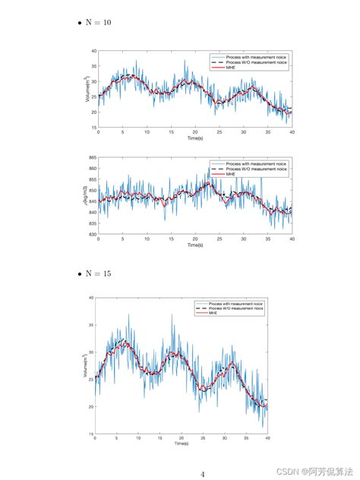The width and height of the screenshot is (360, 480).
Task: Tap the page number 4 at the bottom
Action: [x=203, y=474]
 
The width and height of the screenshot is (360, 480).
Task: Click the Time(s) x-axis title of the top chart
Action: [x=194, y=138]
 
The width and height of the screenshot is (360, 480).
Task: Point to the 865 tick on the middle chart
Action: [x=92, y=157]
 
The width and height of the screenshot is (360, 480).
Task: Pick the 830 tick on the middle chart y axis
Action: [x=92, y=235]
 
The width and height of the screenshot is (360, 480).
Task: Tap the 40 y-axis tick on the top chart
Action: [x=93, y=51]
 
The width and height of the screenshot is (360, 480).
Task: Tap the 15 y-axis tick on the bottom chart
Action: [x=90, y=434]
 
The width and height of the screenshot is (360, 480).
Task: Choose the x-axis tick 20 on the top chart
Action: [x=195, y=132]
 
